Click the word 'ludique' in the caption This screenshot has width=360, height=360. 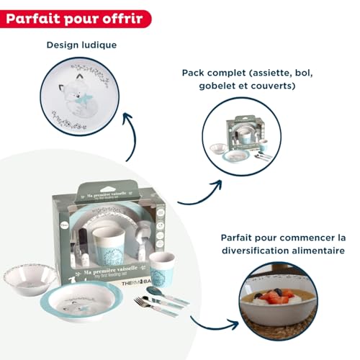99,45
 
